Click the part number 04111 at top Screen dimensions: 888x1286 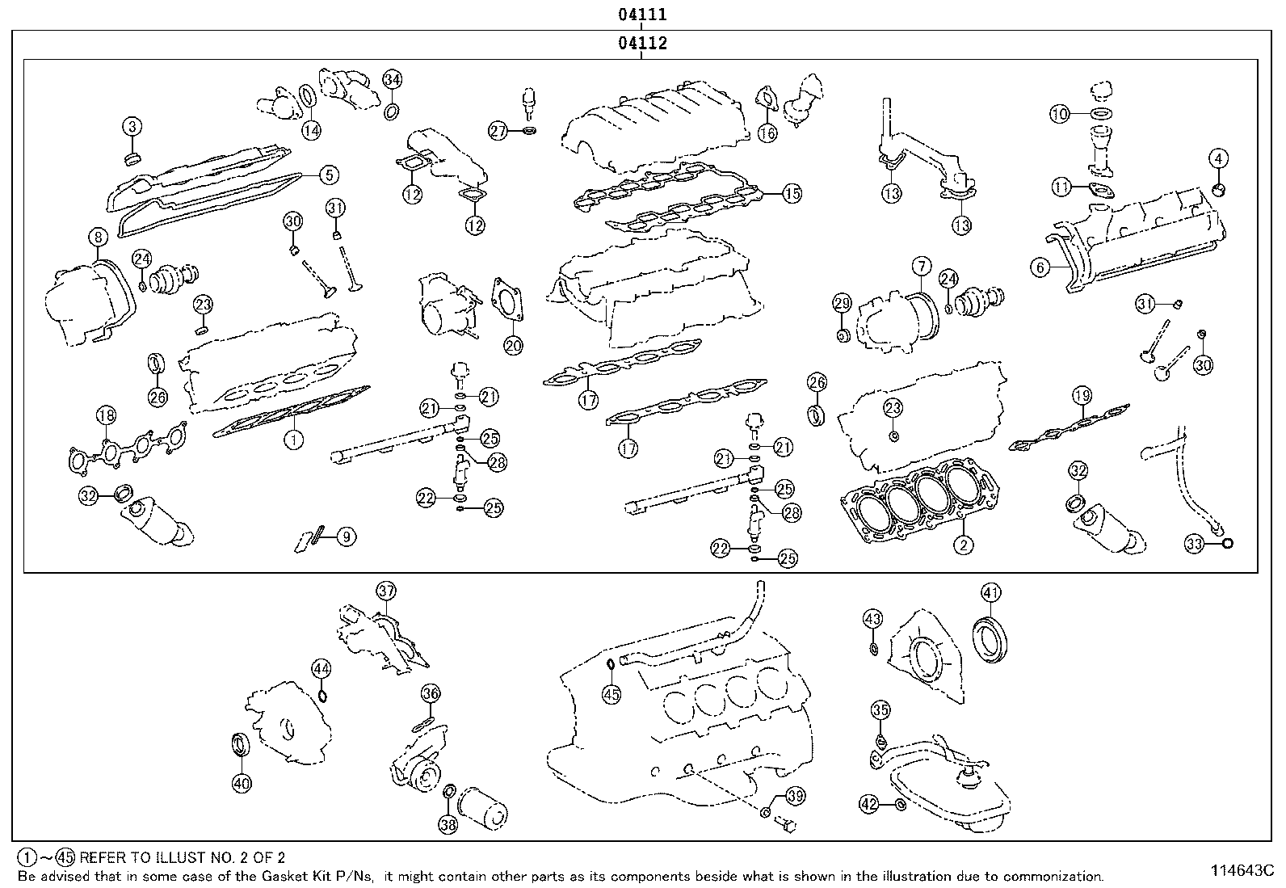click(642, 14)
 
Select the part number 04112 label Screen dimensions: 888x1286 click(642, 44)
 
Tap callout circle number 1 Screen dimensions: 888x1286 click(293, 439)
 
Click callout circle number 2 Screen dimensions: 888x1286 click(962, 544)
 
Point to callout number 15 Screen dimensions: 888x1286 click(792, 193)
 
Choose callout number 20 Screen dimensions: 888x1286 click(513, 346)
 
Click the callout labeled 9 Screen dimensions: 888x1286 click(346, 536)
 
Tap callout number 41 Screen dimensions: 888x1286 click(991, 592)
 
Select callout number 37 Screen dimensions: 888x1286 click(386, 591)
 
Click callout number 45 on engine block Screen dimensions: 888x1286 click(611, 692)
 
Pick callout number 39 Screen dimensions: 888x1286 click(795, 796)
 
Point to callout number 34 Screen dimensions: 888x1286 click(392, 79)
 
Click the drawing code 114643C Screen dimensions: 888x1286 click(1240, 870)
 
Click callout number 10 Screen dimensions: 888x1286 click(1059, 114)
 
